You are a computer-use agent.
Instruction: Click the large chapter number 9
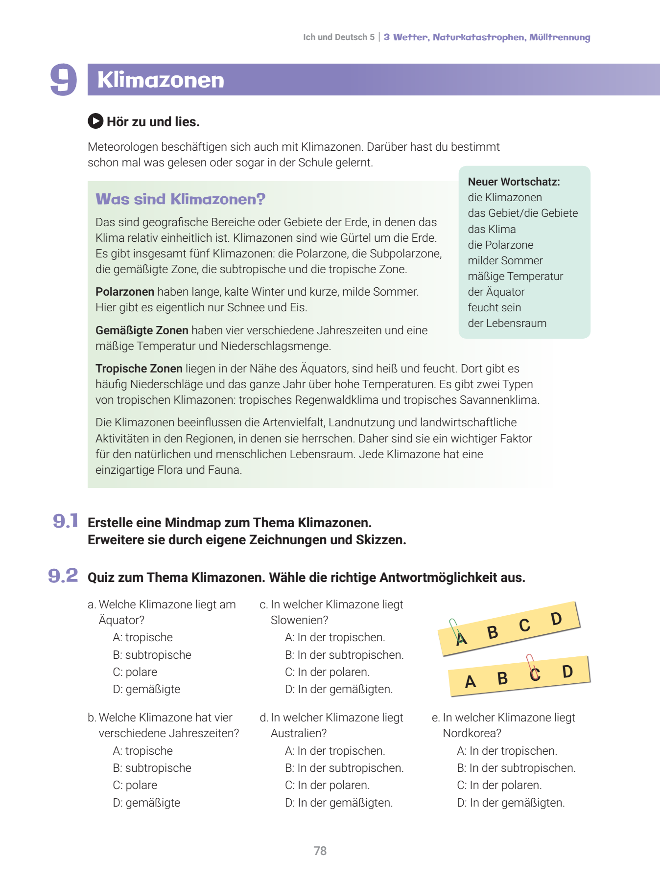(x=64, y=79)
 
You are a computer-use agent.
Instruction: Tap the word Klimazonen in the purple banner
(x=161, y=80)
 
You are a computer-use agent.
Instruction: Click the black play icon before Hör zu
(x=95, y=121)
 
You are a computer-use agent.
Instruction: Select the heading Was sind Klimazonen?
(x=180, y=199)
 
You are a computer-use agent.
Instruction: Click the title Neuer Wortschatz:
(x=514, y=182)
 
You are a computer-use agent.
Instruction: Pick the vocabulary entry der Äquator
(x=496, y=292)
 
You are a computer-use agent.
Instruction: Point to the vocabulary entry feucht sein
(x=494, y=307)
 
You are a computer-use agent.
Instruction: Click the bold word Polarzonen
(x=125, y=292)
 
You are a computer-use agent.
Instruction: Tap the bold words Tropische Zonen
(x=139, y=369)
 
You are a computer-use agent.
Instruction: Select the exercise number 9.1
(x=66, y=521)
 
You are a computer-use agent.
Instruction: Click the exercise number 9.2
(x=63, y=576)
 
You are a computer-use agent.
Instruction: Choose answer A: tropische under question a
(x=142, y=637)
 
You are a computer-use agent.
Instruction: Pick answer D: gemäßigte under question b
(x=146, y=803)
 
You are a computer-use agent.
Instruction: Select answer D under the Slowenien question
(x=339, y=689)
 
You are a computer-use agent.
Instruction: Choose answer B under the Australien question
(x=344, y=768)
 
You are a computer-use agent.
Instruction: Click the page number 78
(x=320, y=851)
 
